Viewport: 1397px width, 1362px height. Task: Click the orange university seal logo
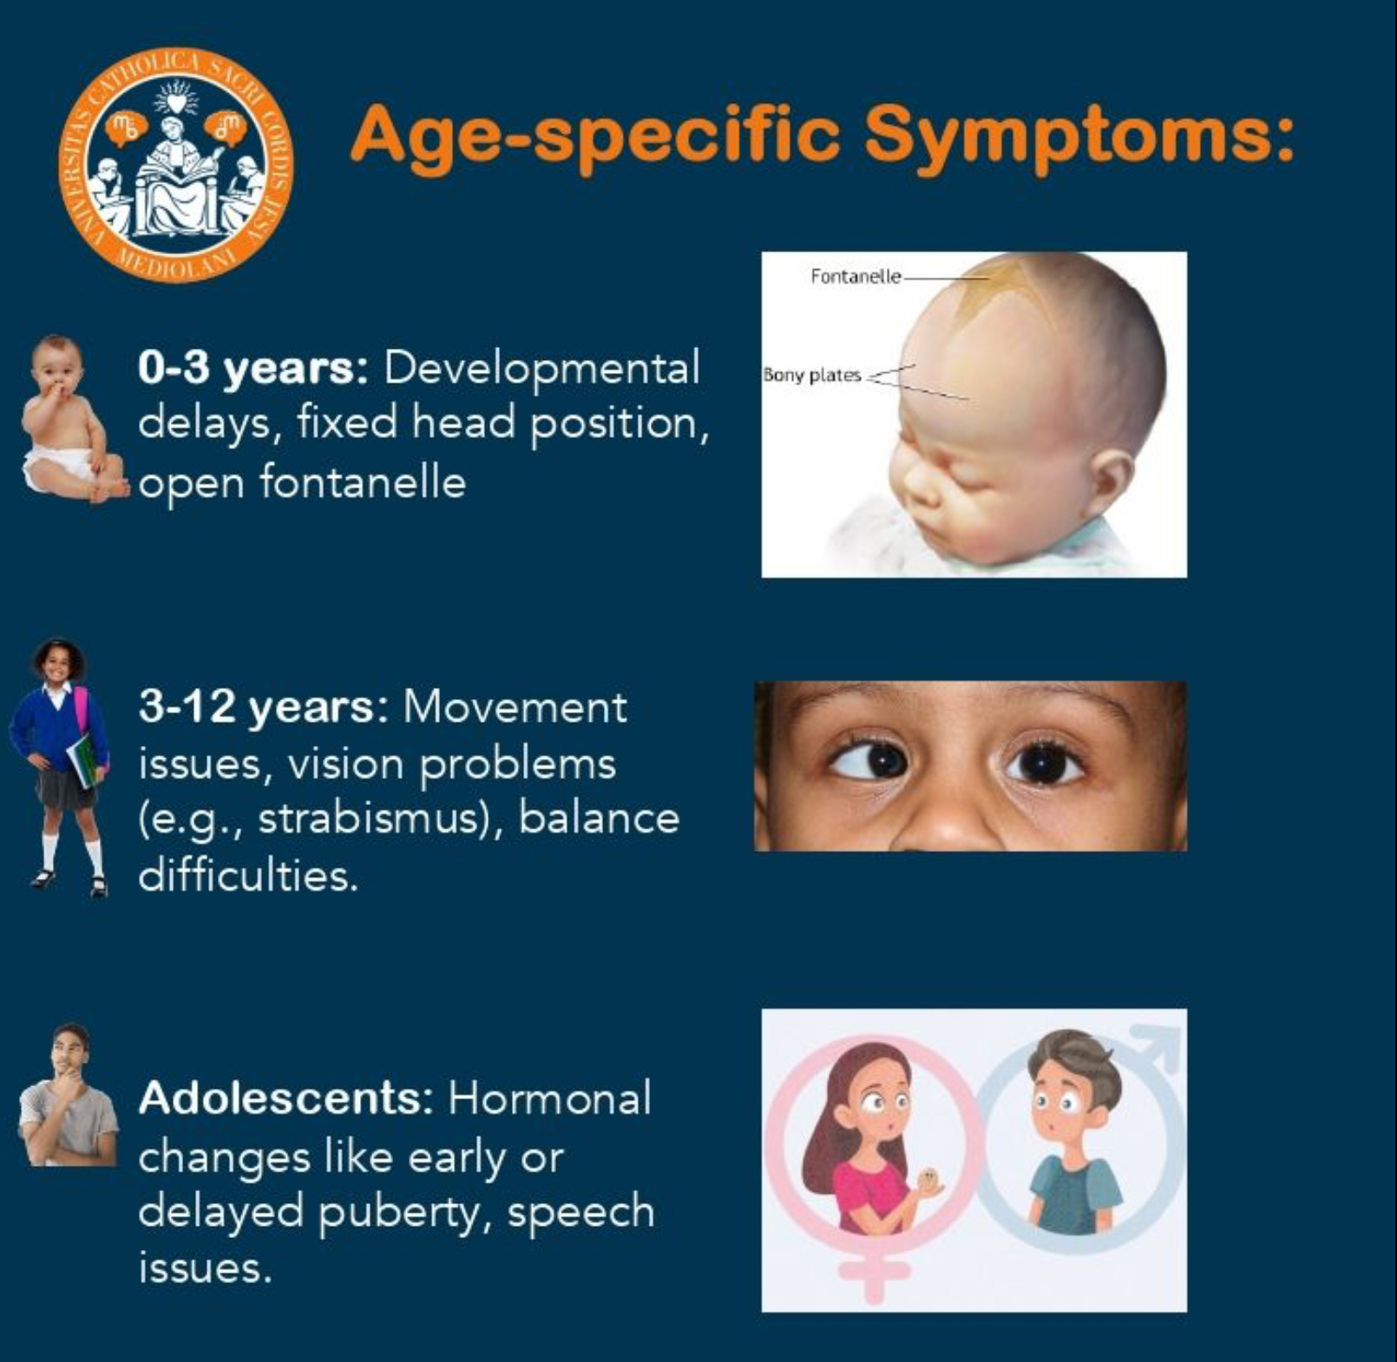tap(177, 165)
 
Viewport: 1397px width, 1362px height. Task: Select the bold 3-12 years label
tap(264, 707)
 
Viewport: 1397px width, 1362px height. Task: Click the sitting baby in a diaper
tap(73, 419)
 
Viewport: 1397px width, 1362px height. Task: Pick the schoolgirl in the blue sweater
tap(59, 768)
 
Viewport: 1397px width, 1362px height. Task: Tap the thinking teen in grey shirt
tap(68, 1095)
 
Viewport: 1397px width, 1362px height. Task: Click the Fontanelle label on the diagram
tap(856, 276)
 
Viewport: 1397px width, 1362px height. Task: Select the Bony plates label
tap(812, 375)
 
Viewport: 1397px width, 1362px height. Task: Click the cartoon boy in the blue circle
tap(1072, 1132)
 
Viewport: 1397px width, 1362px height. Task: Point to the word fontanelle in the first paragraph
tap(363, 481)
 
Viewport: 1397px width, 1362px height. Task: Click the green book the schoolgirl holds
tap(86, 760)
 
